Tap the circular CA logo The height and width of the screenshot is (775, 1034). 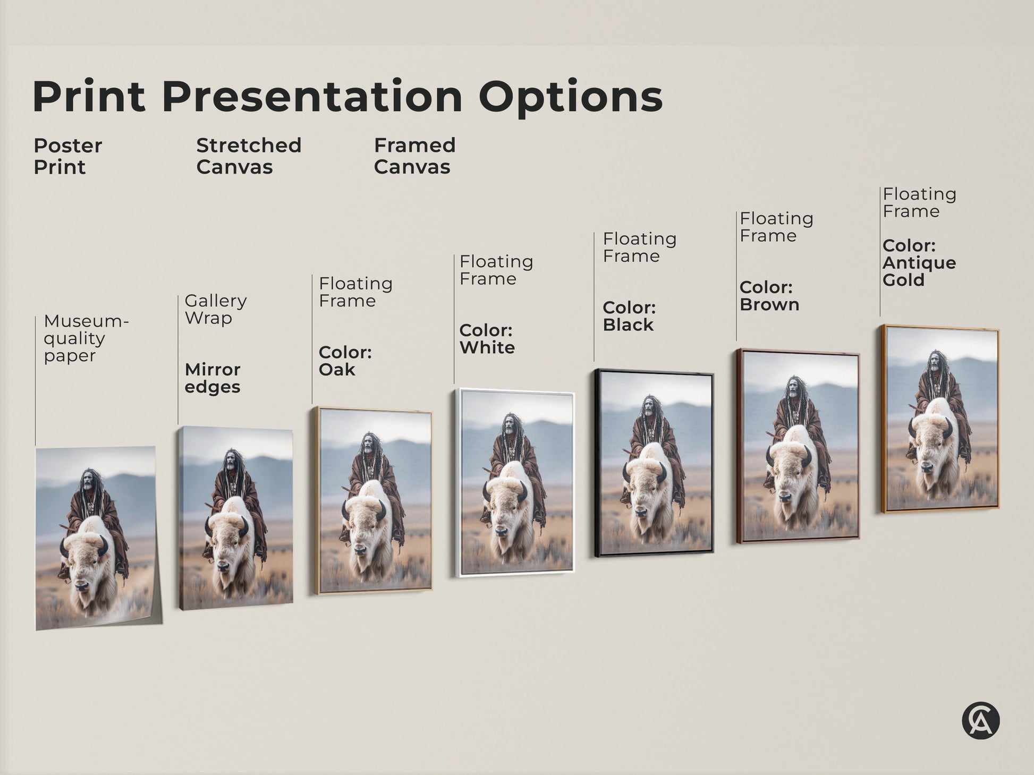(x=980, y=721)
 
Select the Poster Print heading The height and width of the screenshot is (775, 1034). (x=67, y=156)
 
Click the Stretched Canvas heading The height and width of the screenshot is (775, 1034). (x=249, y=156)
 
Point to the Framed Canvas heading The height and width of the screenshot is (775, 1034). (x=414, y=156)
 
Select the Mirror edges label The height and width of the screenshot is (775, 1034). (x=213, y=378)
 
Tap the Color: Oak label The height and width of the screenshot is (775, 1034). (x=345, y=361)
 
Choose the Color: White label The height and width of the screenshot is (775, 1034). (x=487, y=339)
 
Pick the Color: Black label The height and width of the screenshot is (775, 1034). (x=629, y=316)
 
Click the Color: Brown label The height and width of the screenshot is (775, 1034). (x=769, y=296)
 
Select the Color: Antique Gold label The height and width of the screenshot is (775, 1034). (x=919, y=263)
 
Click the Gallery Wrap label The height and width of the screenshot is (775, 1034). (x=215, y=309)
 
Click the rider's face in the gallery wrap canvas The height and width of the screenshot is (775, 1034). (x=231, y=462)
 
